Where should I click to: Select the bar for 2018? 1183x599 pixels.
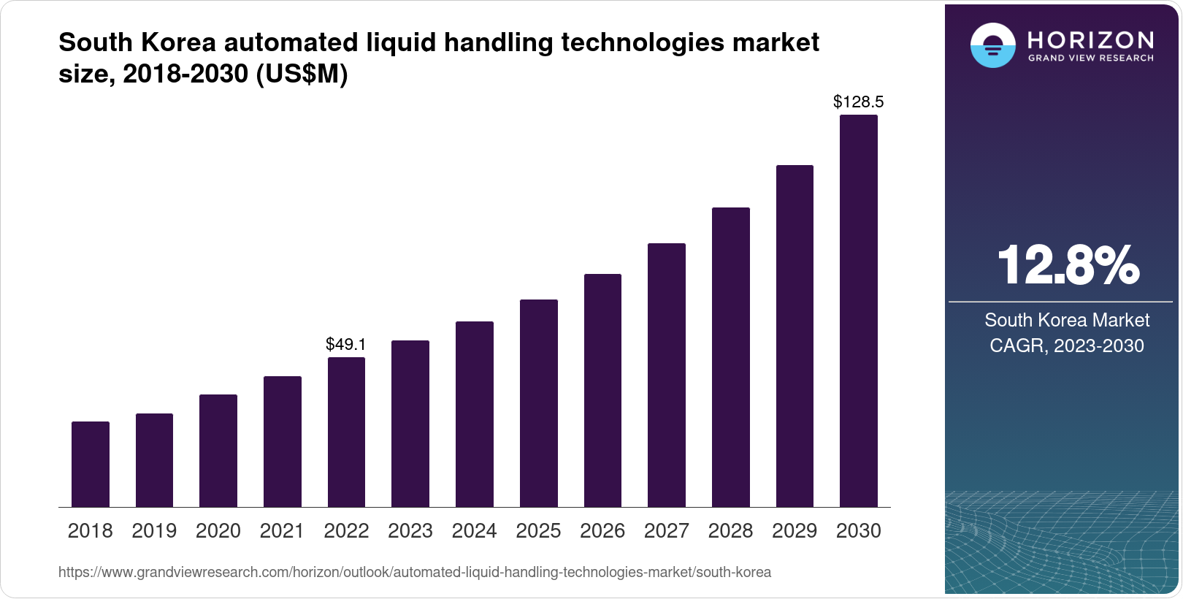[91, 464]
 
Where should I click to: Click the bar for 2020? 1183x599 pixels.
[218, 451]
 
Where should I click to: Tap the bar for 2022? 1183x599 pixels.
[346, 432]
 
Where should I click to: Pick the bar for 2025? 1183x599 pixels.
[538, 403]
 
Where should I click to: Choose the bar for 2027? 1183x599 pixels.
[666, 375]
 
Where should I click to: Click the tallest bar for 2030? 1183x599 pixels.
[858, 310]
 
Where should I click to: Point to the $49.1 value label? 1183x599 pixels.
[346, 344]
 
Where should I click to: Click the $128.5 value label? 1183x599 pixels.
[858, 102]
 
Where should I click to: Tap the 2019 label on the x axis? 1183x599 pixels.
[154, 531]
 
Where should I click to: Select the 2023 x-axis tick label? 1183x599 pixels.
[410, 531]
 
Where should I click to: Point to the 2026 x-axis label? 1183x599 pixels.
[602, 531]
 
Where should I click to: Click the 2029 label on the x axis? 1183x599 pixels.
[795, 531]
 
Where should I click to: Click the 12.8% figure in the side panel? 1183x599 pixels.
[1067, 265]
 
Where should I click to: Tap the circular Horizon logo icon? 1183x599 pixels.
[992, 45]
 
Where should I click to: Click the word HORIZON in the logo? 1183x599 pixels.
[1090, 39]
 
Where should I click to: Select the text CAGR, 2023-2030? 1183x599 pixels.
[1066, 346]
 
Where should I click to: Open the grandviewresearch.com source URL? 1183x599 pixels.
[414, 573]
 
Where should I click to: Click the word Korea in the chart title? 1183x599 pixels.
[178, 43]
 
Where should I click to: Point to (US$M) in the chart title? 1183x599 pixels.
[302, 74]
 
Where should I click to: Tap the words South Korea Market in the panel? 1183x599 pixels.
[1066, 320]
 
